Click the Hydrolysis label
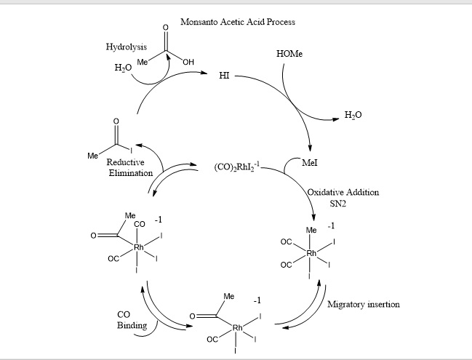point(127,47)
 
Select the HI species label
point(224,76)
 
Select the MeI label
point(310,164)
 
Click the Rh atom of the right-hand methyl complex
point(311,252)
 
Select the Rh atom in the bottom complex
point(237,328)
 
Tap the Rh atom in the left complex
point(139,247)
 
